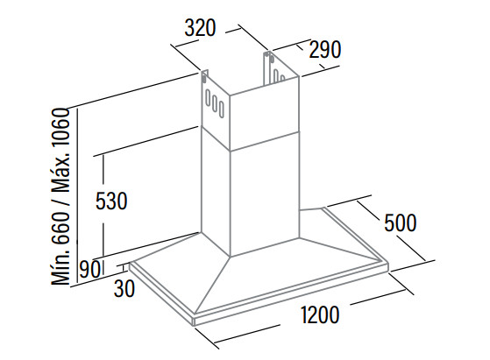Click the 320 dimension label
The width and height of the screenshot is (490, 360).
point(200,27)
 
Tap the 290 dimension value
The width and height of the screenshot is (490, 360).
point(325,50)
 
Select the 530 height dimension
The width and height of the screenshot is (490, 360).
point(111,201)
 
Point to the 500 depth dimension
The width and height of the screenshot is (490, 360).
point(401,222)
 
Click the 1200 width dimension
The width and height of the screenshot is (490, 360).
point(320,314)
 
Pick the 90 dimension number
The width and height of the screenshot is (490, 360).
point(89,270)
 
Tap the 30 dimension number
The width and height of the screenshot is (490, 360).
point(124,288)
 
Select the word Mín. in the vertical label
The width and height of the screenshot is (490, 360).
point(61,265)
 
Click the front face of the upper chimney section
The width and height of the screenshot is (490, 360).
point(265,118)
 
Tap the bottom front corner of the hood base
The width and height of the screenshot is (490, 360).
point(194,326)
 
